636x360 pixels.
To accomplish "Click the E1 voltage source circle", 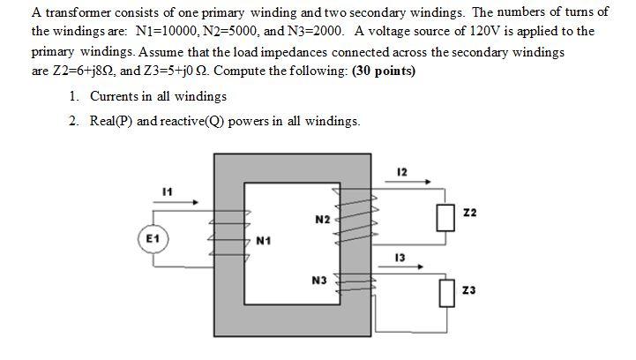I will pyautogui.click(x=153, y=239).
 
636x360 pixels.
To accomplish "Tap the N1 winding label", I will pyautogui.click(x=264, y=240).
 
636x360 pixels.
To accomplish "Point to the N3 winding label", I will pyautogui.click(x=319, y=281).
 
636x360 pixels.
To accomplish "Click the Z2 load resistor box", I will pyautogui.click(x=445, y=216).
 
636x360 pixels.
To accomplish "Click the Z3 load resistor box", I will pyautogui.click(x=445, y=290).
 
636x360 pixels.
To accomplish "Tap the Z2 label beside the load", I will pyautogui.click(x=469, y=214).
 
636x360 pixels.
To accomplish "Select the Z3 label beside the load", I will pyautogui.click(x=469, y=290).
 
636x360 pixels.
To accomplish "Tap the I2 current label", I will pyautogui.click(x=402, y=171).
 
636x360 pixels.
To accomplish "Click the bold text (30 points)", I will pyautogui.click(x=384, y=71).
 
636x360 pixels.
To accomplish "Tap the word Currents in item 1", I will pyautogui.click(x=119, y=96).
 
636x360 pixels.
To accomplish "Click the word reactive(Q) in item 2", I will pyautogui.click(x=191, y=121).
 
